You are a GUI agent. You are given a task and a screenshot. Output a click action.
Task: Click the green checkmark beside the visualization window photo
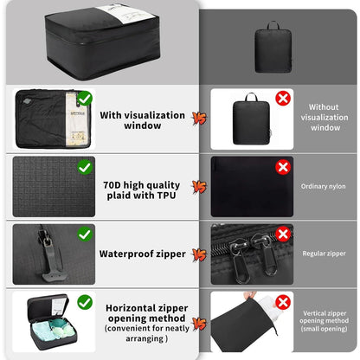(x=85, y=99)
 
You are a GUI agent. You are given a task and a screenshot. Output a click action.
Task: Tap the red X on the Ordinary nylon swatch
(x=283, y=167)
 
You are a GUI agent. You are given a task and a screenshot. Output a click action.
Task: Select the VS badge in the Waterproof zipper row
(x=199, y=254)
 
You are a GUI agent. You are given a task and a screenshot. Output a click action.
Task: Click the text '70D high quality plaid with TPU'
(x=141, y=190)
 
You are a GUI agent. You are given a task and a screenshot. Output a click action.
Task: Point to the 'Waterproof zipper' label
(x=143, y=254)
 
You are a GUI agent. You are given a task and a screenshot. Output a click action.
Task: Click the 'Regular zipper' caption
(x=324, y=254)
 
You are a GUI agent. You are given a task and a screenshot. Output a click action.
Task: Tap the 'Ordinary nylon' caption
(x=323, y=186)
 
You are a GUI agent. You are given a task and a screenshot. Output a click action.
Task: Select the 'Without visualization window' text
(x=325, y=118)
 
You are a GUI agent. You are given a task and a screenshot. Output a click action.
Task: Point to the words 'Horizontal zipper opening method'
(x=147, y=313)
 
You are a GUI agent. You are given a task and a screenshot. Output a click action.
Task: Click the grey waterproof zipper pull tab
(x=53, y=262)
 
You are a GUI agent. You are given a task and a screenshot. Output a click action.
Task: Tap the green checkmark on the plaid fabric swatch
(x=85, y=167)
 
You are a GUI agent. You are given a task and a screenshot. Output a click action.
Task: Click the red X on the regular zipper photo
(x=283, y=234)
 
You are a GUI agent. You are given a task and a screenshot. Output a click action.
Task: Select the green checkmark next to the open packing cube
(x=85, y=302)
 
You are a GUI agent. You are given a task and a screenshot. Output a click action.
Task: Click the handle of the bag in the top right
(x=273, y=25)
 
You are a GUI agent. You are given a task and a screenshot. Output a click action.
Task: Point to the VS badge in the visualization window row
(x=199, y=119)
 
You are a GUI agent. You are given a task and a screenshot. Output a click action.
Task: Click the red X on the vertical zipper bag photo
(x=283, y=302)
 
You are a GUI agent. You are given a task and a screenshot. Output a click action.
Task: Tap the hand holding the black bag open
(x=250, y=295)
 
